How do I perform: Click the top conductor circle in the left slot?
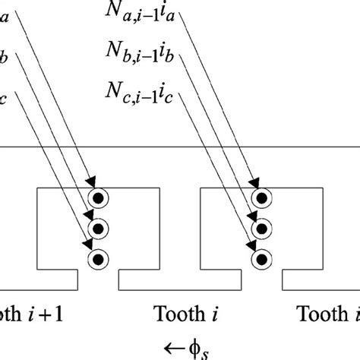(x=98, y=199)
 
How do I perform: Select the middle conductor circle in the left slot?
(x=98, y=229)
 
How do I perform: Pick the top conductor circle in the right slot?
(x=261, y=199)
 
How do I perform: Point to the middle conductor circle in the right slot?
(x=261, y=229)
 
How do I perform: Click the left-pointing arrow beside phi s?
(x=172, y=348)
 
